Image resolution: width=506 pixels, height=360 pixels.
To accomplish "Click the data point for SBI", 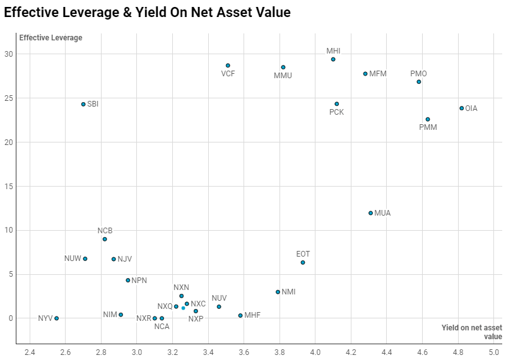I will (83, 104).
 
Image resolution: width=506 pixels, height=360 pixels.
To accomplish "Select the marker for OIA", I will (461, 108).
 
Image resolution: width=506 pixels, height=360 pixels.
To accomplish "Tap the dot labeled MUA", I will (370, 213).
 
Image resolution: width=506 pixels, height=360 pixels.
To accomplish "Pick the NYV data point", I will (57, 318).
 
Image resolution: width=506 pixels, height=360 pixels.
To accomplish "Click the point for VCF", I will (228, 66).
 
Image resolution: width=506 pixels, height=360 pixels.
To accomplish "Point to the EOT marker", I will (303, 263).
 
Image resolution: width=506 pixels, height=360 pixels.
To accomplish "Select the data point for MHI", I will (333, 59).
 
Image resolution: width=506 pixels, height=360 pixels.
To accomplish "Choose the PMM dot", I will (428, 119).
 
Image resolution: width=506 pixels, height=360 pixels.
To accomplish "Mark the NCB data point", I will (105, 239).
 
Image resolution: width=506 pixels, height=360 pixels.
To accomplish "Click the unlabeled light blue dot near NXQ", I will (183, 308).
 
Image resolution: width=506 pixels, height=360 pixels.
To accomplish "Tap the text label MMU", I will (283, 76).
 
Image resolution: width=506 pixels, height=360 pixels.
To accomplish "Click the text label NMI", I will (288, 292).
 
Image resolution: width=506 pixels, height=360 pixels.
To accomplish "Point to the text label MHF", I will (252, 315).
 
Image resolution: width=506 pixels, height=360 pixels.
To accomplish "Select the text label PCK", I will (336, 112).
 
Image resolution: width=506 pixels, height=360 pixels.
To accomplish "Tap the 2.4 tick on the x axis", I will (30, 351).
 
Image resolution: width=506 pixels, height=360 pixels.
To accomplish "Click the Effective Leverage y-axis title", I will (50, 38).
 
